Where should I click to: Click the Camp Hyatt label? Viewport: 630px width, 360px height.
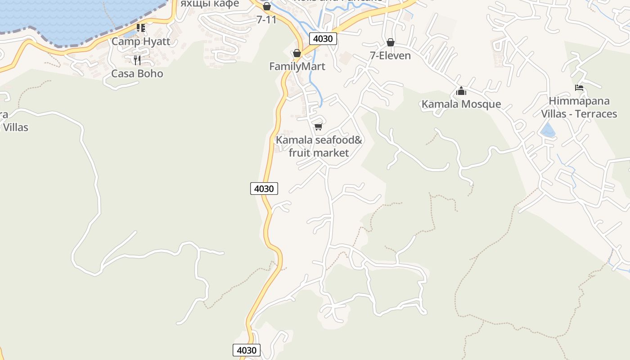[x=141, y=42]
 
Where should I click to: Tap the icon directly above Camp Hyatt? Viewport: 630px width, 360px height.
[x=141, y=28]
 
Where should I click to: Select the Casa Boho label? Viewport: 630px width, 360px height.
[x=137, y=74]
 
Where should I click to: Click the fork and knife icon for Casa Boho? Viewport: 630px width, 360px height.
[x=137, y=60]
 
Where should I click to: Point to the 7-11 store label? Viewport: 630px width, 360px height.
[x=266, y=20]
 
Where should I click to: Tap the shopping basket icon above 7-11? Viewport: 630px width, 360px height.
[x=267, y=6]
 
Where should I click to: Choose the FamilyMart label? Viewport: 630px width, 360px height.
[x=297, y=67]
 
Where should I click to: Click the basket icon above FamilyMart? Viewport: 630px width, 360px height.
[x=297, y=53]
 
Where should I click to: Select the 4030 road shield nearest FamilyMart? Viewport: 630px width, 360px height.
[x=323, y=39]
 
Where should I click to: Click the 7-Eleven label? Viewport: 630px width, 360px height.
[x=390, y=56]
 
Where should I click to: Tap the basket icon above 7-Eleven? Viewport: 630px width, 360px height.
[x=391, y=42]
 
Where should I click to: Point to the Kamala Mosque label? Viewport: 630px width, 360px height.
[x=461, y=104]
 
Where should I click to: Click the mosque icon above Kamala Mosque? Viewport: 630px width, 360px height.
[x=461, y=91]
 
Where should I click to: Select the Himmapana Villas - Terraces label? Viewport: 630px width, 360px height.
[x=579, y=108]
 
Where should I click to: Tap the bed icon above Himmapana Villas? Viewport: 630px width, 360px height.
[x=579, y=88]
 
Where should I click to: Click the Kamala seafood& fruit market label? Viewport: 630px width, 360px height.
[x=319, y=146]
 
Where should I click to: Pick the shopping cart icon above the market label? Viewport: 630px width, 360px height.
[x=319, y=126]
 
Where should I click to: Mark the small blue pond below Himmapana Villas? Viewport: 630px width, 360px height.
[x=548, y=130]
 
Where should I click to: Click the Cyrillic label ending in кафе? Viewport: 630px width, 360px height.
[x=210, y=4]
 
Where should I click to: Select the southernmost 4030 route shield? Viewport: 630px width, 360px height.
[x=247, y=350]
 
